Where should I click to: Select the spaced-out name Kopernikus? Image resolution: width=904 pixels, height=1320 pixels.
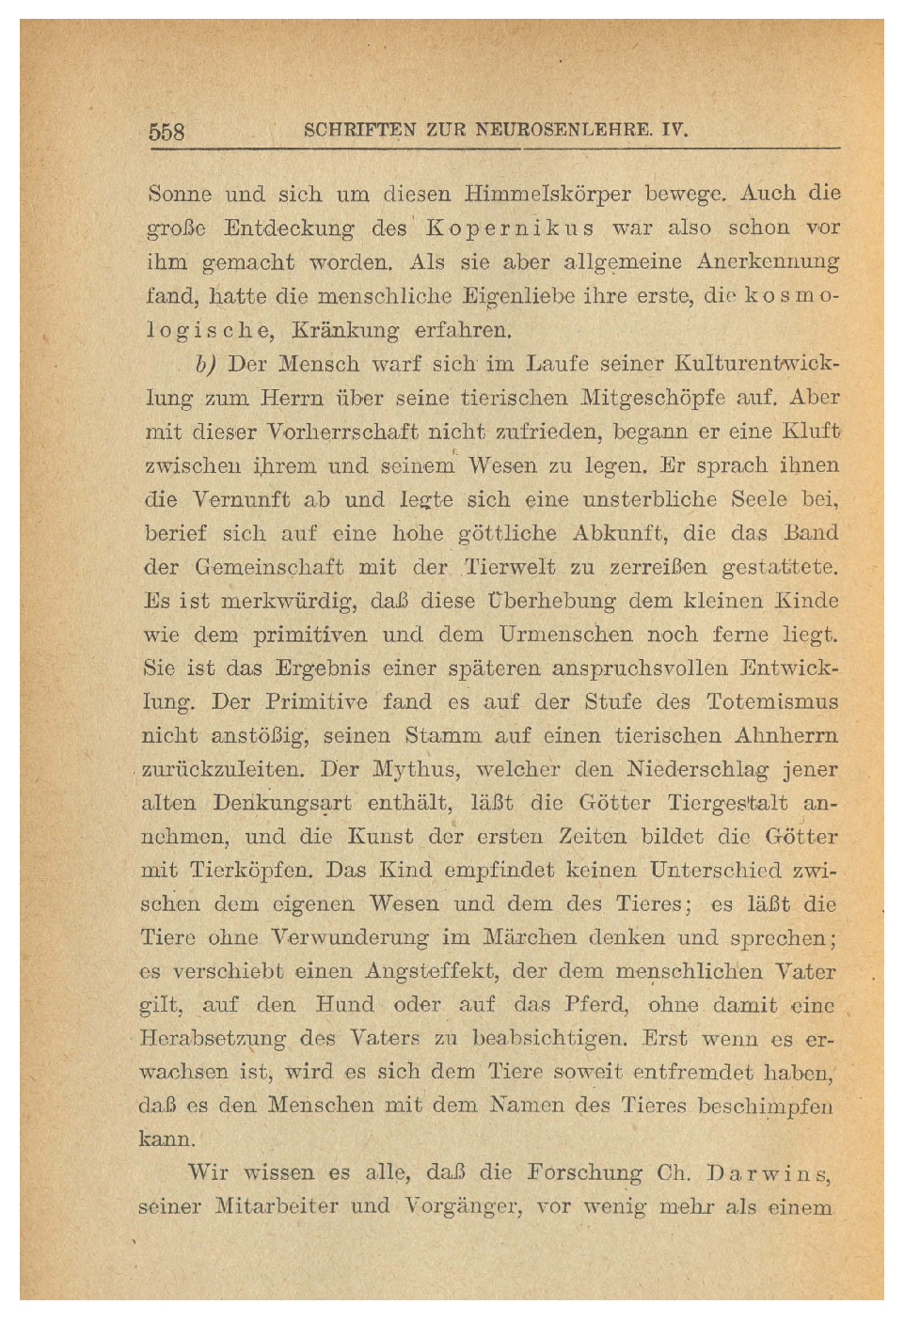pyautogui.click(x=509, y=228)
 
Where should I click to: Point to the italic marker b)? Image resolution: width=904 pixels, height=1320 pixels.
pyautogui.click(x=206, y=364)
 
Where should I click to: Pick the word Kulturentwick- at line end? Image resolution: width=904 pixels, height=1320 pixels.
pyautogui.click(x=757, y=363)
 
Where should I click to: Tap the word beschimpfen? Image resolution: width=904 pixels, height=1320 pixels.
pyautogui.click(x=765, y=1107)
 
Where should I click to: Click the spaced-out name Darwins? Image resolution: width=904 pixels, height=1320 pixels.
pyautogui.click(x=770, y=1173)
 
